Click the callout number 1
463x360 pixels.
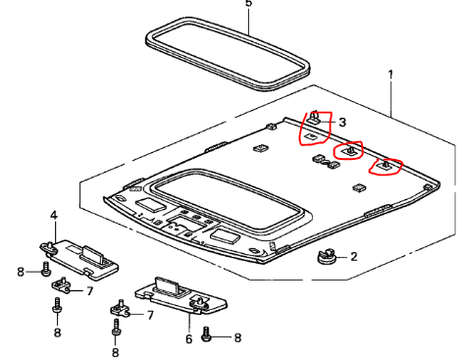coord(390,75)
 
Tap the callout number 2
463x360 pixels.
coord(354,257)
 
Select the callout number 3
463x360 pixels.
coord(342,123)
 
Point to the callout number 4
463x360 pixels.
coord(54,216)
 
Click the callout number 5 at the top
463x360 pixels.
coord(249,3)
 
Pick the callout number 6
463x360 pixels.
coord(189,338)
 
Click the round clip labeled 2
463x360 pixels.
coord(327,256)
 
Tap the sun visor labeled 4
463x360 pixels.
coord(79,259)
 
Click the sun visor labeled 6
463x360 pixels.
coord(181,295)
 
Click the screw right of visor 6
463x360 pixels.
coord(206,334)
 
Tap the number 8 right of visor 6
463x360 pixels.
coord(237,337)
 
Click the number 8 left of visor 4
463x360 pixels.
coord(21,272)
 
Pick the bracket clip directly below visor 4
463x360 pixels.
coord(61,284)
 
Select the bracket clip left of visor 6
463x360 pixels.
coord(120,308)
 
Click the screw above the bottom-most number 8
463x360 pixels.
coord(116,328)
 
